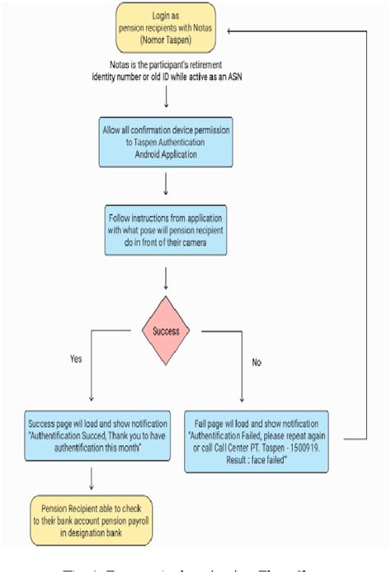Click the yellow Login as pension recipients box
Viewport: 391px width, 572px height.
pyautogui.click(x=167, y=29)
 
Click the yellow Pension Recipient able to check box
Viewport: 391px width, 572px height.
pyautogui.click(x=92, y=521)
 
